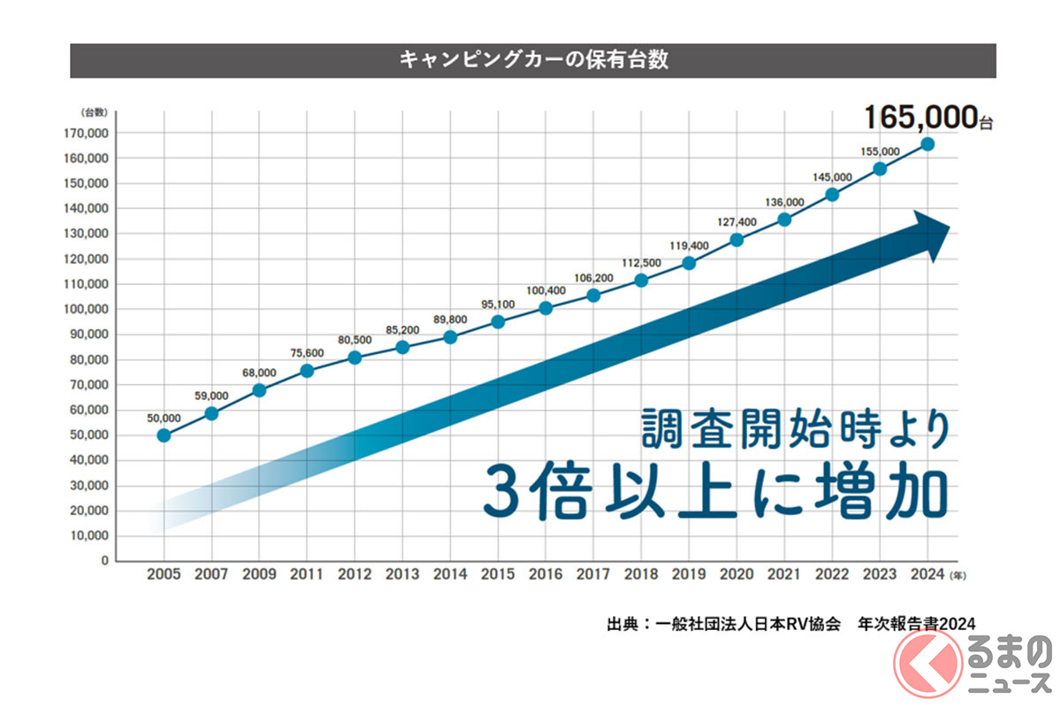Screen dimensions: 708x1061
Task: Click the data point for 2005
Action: tap(164, 435)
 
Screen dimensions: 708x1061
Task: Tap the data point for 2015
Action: tap(498, 322)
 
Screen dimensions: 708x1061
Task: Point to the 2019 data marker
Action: tap(689, 263)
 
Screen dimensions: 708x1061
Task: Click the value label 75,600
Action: tap(307, 352)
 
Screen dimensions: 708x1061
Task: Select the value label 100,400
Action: tap(546, 290)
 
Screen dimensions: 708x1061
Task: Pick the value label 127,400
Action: tap(737, 222)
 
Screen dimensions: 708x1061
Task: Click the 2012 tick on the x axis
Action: tap(355, 574)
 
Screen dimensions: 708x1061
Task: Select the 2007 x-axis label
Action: tap(211, 574)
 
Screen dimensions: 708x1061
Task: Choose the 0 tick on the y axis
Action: tap(104, 561)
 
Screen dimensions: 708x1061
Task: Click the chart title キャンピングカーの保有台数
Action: tap(532, 61)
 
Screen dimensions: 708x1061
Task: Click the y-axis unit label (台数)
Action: tap(93, 112)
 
